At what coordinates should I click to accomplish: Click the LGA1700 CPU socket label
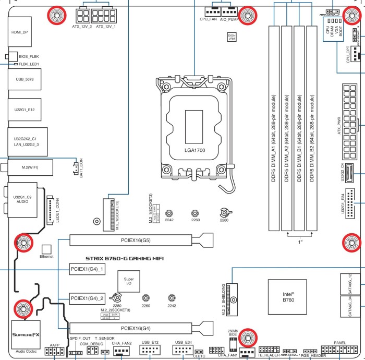click(193, 151)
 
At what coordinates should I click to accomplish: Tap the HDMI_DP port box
click(20, 32)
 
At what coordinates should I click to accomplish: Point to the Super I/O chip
click(129, 282)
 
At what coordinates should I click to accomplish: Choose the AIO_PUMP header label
click(229, 19)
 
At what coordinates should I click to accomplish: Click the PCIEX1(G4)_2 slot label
click(87, 299)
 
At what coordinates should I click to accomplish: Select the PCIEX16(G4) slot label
click(135, 329)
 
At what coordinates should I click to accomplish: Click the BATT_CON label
click(80, 165)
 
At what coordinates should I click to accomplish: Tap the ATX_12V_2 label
click(82, 26)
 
